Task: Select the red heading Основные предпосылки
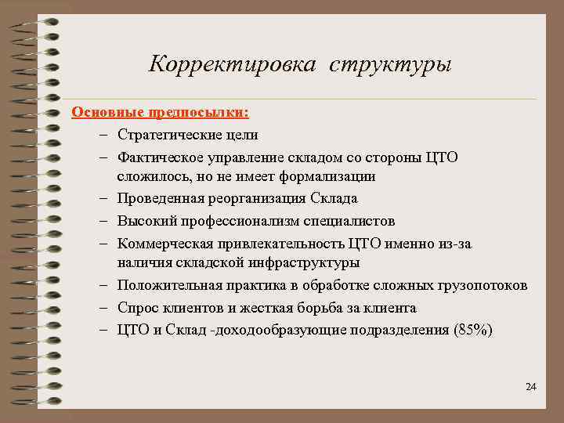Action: point(161,112)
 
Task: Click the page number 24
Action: point(530,387)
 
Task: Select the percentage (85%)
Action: point(473,329)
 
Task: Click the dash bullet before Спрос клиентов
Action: point(105,307)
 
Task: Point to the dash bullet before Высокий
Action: point(105,221)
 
